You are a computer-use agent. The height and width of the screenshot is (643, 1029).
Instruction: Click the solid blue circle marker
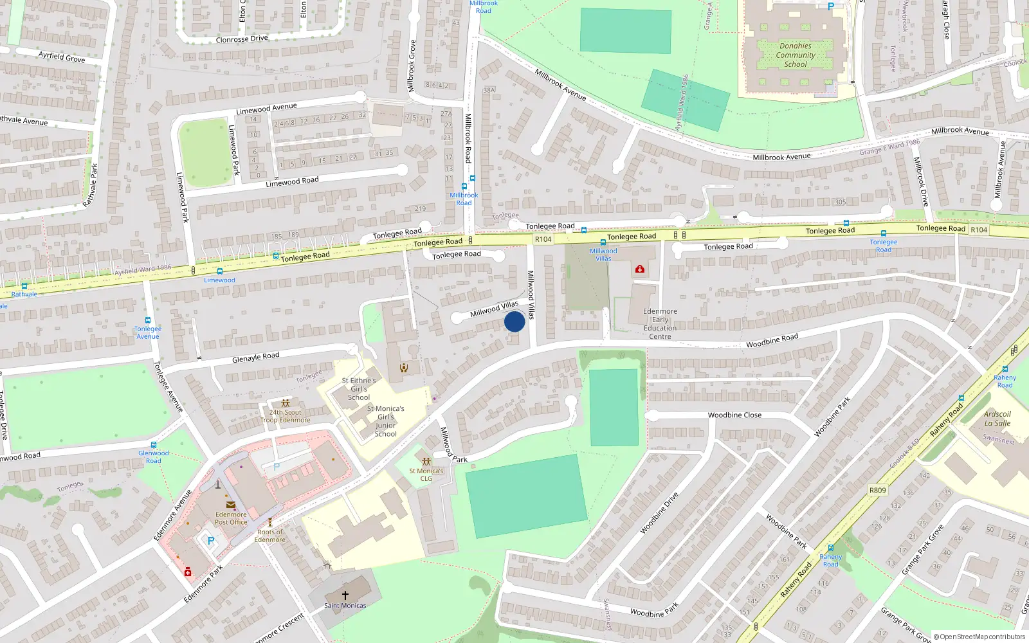(514, 321)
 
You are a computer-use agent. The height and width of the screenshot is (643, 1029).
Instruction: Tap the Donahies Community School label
(796, 55)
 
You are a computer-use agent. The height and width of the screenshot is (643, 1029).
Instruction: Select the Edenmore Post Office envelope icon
(230, 505)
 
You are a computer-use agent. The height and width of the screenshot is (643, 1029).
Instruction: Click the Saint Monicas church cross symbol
(345, 595)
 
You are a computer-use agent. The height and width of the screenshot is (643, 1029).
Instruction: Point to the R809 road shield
(877, 490)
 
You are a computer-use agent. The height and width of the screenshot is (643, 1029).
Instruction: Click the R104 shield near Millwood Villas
(543, 239)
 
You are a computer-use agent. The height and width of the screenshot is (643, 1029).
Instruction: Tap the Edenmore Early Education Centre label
(660, 323)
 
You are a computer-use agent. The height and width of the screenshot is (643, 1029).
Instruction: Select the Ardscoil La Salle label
(997, 419)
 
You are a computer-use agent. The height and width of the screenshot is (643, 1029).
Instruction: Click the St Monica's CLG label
(426, 475)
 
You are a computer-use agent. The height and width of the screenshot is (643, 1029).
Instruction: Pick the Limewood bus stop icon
(220, 271)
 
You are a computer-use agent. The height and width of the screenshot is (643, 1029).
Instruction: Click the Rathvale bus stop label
(24, 294)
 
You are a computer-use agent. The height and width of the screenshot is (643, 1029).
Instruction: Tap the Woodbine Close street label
(734, 415)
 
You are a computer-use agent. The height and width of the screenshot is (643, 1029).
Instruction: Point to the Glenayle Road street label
(256, 357)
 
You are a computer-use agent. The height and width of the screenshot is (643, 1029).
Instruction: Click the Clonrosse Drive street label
(242, 39)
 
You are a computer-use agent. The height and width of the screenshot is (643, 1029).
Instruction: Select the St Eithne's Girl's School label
(359, 389)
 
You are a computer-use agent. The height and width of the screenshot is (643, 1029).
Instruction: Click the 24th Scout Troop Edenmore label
(285, 416)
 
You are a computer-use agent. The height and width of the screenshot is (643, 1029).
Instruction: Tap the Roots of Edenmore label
(270, 536)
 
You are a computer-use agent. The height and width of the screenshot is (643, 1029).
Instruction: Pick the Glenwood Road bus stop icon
(154, 445)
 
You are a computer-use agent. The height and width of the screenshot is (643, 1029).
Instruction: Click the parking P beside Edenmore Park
(210, 541)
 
